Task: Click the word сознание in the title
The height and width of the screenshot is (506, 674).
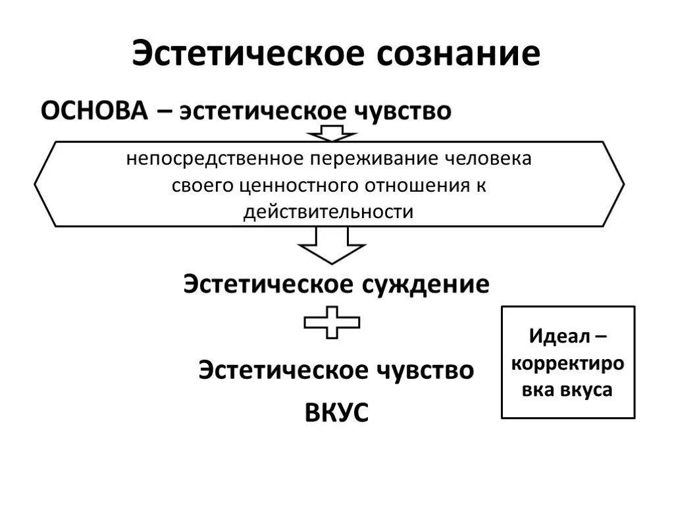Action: tap(458, 53)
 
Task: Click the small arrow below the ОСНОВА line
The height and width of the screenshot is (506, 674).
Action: tap(332, 134)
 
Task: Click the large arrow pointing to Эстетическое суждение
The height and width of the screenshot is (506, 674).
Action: tap(332, 246)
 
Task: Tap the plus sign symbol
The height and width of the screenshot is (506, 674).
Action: tap(332, 322)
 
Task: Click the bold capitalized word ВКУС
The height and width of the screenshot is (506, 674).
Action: tap(336, 412)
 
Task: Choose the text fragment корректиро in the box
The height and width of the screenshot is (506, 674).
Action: tap(568, 364)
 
